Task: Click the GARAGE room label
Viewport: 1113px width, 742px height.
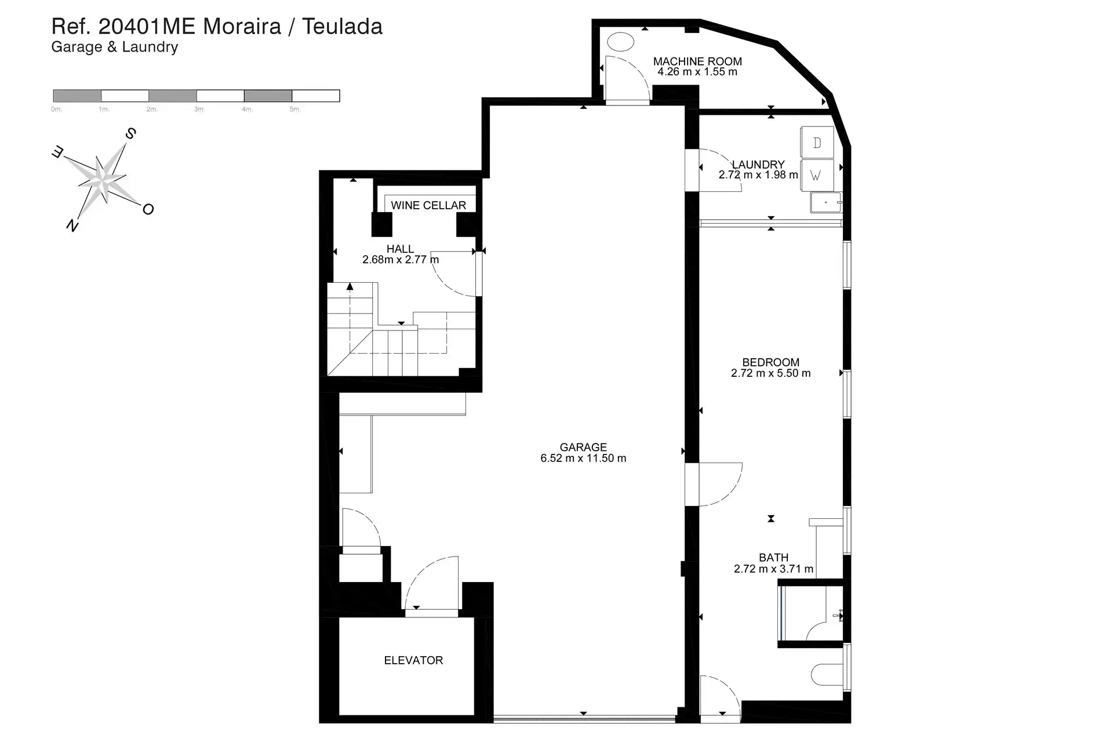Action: pos(583,448)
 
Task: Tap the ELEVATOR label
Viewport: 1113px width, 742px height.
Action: pos(413,660)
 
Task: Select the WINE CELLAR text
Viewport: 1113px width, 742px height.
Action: pos(428,205)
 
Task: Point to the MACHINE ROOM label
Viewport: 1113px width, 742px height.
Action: pos(697,61)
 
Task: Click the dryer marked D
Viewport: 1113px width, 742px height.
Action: pos(817,143)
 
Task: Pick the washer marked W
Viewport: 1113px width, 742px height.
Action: pos(817,175)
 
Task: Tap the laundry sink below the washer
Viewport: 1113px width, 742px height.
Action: pos(826,203)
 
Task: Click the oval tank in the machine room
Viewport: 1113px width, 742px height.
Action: pos(620,42)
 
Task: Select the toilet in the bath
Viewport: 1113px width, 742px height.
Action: pos(827,675)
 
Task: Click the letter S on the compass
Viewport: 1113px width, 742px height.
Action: pos(131,134)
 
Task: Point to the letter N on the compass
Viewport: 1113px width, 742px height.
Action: pos(72,225)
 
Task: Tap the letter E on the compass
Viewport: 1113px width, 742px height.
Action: pos(58,152)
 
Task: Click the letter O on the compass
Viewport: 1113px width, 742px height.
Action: pos(148,209)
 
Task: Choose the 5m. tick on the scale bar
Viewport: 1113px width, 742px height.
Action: pos(295,109)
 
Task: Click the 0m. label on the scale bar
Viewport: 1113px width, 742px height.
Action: pos(56,109)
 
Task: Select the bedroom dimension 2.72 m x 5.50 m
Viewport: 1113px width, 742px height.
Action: pos(771,373)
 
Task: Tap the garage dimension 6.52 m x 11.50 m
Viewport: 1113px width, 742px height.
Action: pos(583,458)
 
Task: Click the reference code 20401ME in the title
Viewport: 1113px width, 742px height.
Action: pos(148,27)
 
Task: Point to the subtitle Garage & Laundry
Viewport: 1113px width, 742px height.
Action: pos(114,47)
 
